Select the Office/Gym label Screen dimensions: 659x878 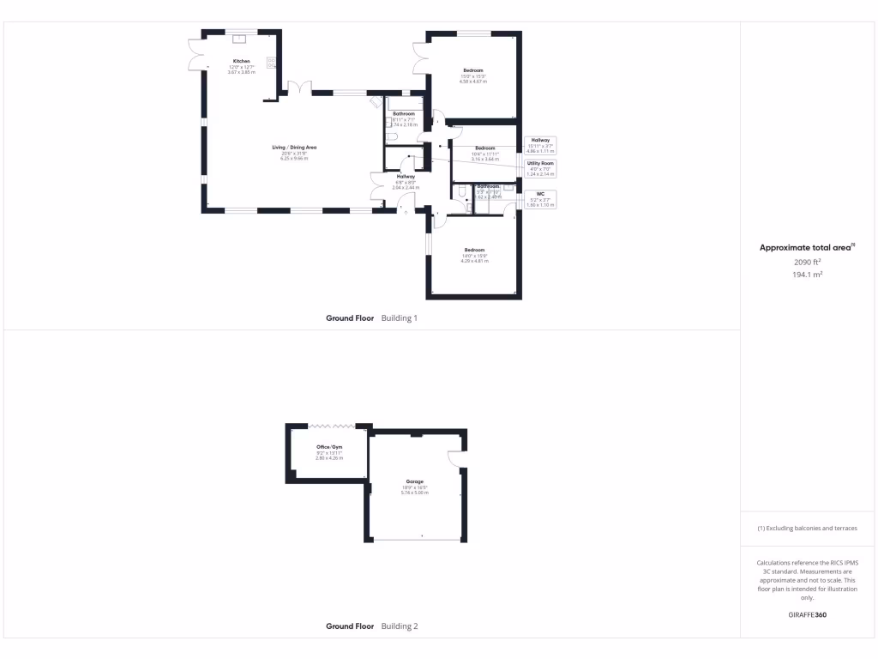point(329,447)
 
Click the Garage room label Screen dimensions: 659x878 point(414,482)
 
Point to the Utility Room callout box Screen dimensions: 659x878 point(540,168)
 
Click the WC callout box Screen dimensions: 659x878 point(540,199)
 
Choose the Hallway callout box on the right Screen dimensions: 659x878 point(540,145)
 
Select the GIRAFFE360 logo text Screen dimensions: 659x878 point(808,614)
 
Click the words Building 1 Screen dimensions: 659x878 point(399,318)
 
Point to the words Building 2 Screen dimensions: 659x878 point(399,626)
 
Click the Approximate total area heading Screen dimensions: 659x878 point(806,248)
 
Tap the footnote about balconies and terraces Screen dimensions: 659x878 point(807,528)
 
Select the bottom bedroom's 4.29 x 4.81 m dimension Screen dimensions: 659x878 point(474,260)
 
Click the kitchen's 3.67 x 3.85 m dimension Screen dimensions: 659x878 point(243,72)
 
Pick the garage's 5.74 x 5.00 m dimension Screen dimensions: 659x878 point(414,493)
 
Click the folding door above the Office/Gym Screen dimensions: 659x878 point(332,425)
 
